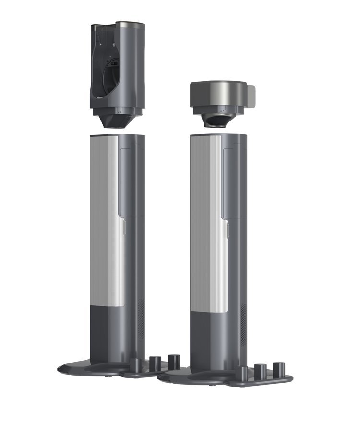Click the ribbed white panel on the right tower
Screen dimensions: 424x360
[x=204, y=216]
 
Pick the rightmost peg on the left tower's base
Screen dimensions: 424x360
[x=174, y=361]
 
